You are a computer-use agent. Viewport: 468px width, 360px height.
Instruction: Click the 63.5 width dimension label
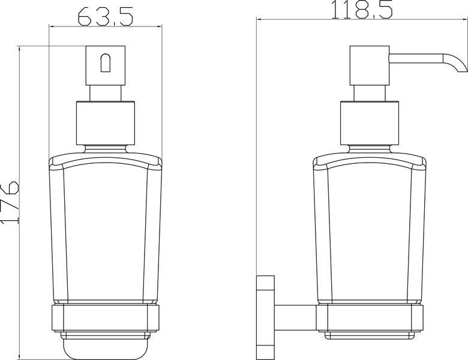pyautogui.click(x=106, y=16)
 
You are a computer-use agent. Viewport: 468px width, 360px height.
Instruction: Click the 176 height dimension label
pyautogui.click(x=10, y=202)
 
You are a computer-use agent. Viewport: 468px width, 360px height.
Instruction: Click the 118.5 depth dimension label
pyautogui.click(x=362, y=10)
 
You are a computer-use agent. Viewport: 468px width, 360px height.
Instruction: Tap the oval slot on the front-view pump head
pyautogui.click(x=106, y=62)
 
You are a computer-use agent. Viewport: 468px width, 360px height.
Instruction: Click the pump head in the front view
pyautogui.click(x=106, y=65)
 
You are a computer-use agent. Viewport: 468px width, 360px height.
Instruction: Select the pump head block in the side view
pyautogui.click(x=370, y=65)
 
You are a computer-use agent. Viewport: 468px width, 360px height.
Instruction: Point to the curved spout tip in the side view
pyautogui.click(x=459, y=64)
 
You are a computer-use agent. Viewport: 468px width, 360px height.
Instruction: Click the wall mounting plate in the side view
pyautogui.click(x=265, y=317)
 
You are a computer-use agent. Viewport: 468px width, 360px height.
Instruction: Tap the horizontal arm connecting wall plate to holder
pyautogui.click(x=295, y=318)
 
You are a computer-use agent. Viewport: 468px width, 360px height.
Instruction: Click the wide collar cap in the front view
pyautogui.click(x=106, y=123)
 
